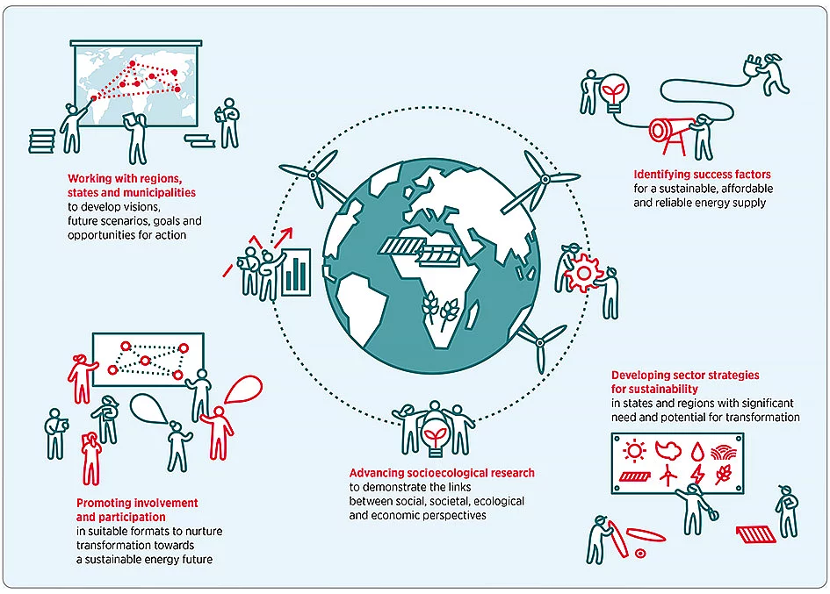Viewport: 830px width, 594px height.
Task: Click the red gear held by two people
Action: [x=582, y=274]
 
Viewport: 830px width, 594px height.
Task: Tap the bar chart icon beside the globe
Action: [x=299, y=272]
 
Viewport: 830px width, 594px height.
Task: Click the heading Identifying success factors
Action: [x=702, y=175]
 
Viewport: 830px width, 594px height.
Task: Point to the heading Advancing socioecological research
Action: [x=442, y=473]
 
